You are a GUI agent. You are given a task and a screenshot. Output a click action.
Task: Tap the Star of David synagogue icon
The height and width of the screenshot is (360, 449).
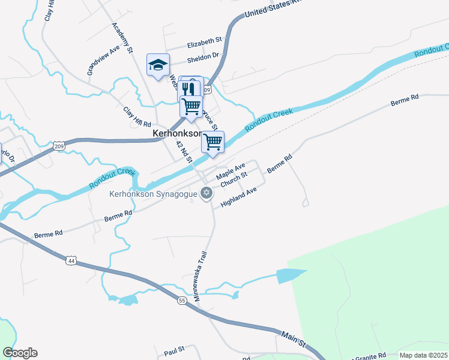pos(206,193)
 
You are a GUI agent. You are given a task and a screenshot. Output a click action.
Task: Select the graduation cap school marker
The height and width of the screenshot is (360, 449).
pos(158,65)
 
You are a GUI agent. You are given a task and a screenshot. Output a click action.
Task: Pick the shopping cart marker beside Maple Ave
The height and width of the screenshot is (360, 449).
pos(212,143)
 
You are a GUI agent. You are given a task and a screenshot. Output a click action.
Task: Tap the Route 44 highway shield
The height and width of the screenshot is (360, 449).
pos(71,260)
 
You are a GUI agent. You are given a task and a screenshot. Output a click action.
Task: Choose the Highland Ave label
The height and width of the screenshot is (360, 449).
pos(238,197)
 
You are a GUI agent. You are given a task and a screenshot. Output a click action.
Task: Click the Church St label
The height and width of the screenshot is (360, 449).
pos(234,179)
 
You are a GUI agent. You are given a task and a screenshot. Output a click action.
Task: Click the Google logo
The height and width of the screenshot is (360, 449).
pos(20,353)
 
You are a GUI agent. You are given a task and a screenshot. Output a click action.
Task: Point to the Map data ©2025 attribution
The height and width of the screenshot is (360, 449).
pos(423,355)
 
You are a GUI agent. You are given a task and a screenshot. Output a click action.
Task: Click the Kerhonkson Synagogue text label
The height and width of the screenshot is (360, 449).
pos(153,194)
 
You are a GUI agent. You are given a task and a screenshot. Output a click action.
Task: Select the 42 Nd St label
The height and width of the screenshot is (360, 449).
pos(184,152)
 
